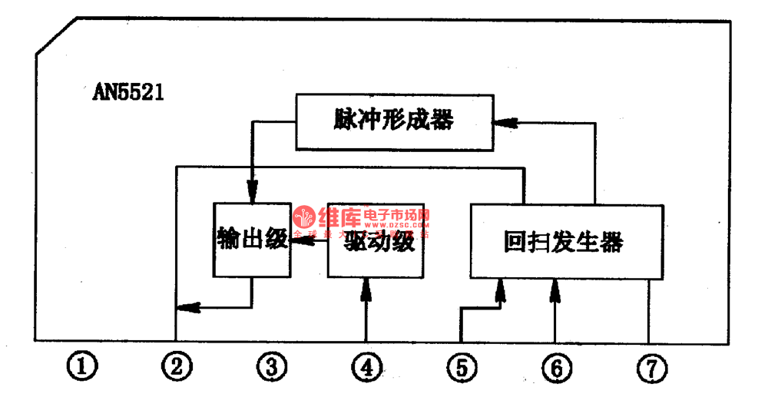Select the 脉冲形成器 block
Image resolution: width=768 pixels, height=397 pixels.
[x=394, y=121]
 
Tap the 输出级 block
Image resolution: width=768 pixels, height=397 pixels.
[x=252, y=240]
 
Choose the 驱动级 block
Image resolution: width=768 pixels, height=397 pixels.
[x=376, y=241]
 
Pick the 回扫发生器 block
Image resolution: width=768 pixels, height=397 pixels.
[x=566, y=242]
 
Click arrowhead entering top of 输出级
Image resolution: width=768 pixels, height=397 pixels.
[x=252, y=192]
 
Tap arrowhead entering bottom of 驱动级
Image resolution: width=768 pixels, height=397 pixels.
[x=366, y=288]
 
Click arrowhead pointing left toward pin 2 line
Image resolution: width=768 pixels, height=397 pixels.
[x=187, y=308]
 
